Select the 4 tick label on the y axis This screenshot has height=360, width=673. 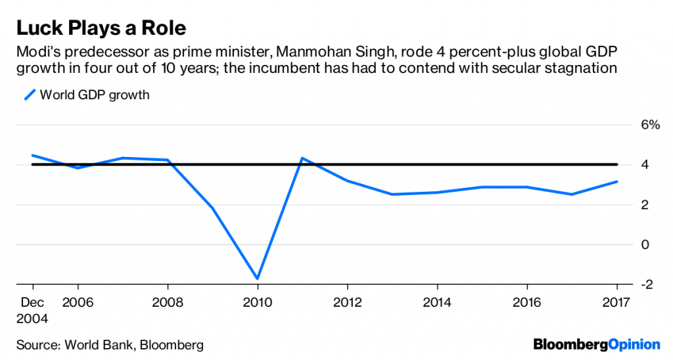(646, 165)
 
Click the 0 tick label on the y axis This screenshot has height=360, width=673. (646, 244)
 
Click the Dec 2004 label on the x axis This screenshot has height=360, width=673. (33, 309)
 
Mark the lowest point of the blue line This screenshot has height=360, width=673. (258, 279)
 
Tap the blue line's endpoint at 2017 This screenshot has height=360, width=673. (616, 182)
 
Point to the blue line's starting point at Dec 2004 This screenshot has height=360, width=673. (33, 156)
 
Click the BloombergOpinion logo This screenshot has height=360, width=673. (596, 344)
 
